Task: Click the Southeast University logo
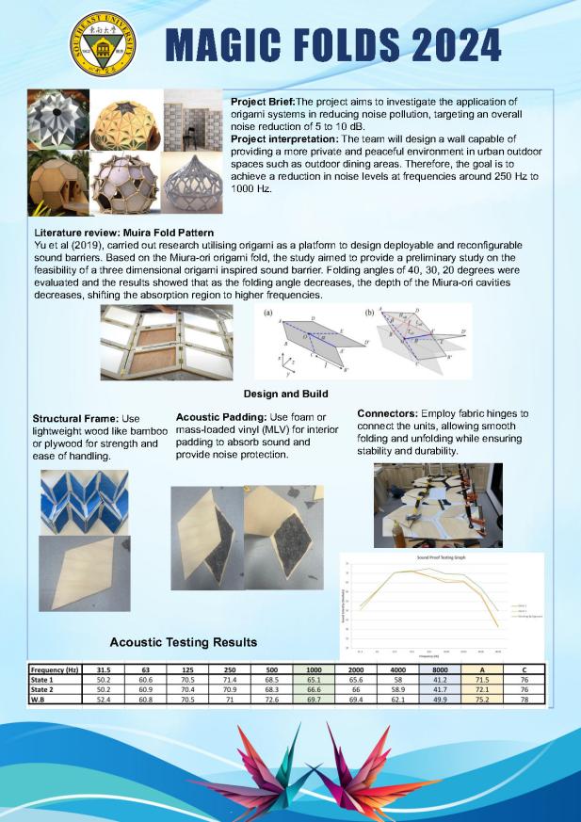point(103,43)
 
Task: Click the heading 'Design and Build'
point(290,394)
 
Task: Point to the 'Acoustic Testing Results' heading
point(183,642)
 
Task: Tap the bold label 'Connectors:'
point(388,412)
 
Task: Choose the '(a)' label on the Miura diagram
point(269,310)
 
